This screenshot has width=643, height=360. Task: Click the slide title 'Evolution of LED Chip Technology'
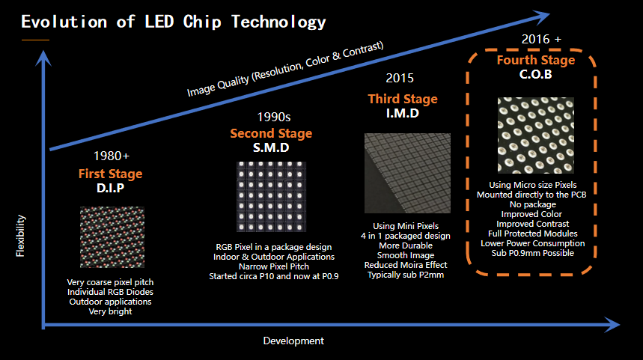173,22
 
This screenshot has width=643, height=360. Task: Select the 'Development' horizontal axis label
293,341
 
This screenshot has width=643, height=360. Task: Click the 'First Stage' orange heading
110,174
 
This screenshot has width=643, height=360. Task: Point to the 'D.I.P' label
110,188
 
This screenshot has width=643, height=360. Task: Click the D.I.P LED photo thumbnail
112,237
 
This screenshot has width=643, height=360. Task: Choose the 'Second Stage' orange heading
272,133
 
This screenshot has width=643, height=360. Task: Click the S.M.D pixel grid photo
272,198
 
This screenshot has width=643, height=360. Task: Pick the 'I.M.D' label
402,114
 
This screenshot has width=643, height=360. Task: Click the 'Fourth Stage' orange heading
536,60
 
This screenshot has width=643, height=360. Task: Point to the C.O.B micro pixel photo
537,135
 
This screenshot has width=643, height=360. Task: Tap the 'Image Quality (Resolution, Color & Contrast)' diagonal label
285,69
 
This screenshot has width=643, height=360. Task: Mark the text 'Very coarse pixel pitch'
109,282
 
